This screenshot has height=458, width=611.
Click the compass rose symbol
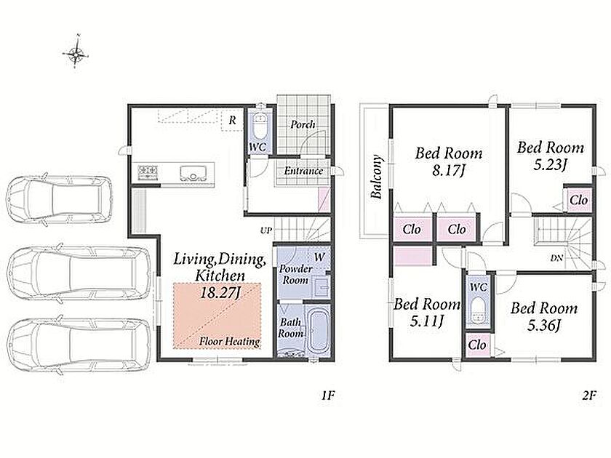(x=76, y=52)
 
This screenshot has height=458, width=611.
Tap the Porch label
(x=303, y=124)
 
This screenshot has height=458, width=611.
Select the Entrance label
(x=303, y=171)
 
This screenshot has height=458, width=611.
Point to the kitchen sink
(x=193, y=173)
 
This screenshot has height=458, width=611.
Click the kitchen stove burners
(x=148, y=172)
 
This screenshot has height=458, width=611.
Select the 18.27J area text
(x=219, y=293)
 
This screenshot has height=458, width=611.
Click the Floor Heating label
(x=230, y=342)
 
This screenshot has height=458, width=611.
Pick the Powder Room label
(x=296, y=275)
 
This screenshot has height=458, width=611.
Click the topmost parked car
(x=59, y=199)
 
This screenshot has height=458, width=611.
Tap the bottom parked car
(x=79, y=345)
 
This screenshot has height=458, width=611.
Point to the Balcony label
(x=377, y=177)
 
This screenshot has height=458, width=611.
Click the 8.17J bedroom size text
(x=449, y=171)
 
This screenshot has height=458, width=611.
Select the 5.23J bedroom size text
(x=550, y=165)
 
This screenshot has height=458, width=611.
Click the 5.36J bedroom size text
(x=544, y=326)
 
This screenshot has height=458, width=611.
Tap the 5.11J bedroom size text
(x=427, y=321)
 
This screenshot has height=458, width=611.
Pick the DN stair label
(x=556, y=257)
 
